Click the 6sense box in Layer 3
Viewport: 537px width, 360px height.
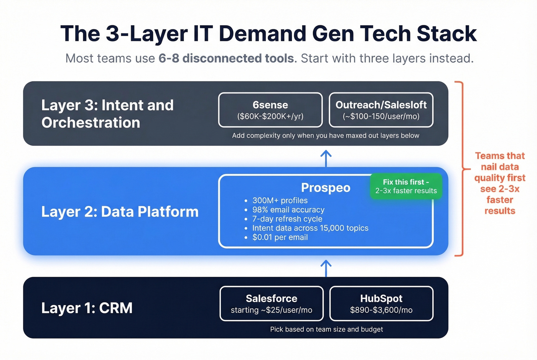coord(270,110)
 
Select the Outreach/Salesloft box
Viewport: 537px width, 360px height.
coord(381,110)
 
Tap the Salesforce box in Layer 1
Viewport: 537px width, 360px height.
coord(272,304)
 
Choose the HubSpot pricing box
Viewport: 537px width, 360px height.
coord(381,304)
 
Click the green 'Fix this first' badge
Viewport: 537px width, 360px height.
coord(406,186)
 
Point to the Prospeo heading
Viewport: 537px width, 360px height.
coord(326,188)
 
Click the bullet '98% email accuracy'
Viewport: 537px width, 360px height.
coord(288,210)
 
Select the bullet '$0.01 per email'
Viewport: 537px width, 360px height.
coord(280,237)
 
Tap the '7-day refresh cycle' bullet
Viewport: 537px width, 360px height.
coord(287,219)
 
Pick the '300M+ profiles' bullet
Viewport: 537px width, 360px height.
coord(280,201)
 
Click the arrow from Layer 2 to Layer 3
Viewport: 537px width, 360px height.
coord(326,158)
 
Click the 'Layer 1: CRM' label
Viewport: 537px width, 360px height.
coord(87,308)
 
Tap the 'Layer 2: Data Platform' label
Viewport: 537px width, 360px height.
coord(120,212)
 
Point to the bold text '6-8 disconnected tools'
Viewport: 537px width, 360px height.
coord(226,58)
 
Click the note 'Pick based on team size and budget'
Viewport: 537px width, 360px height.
coord(326,329)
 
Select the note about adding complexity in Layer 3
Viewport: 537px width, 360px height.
coord(326,136)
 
